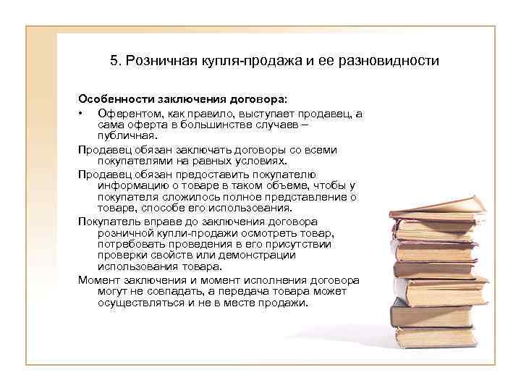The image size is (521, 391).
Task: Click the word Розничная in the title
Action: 155,61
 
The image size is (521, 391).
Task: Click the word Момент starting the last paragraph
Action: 98,279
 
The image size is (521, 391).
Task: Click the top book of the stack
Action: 433,207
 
